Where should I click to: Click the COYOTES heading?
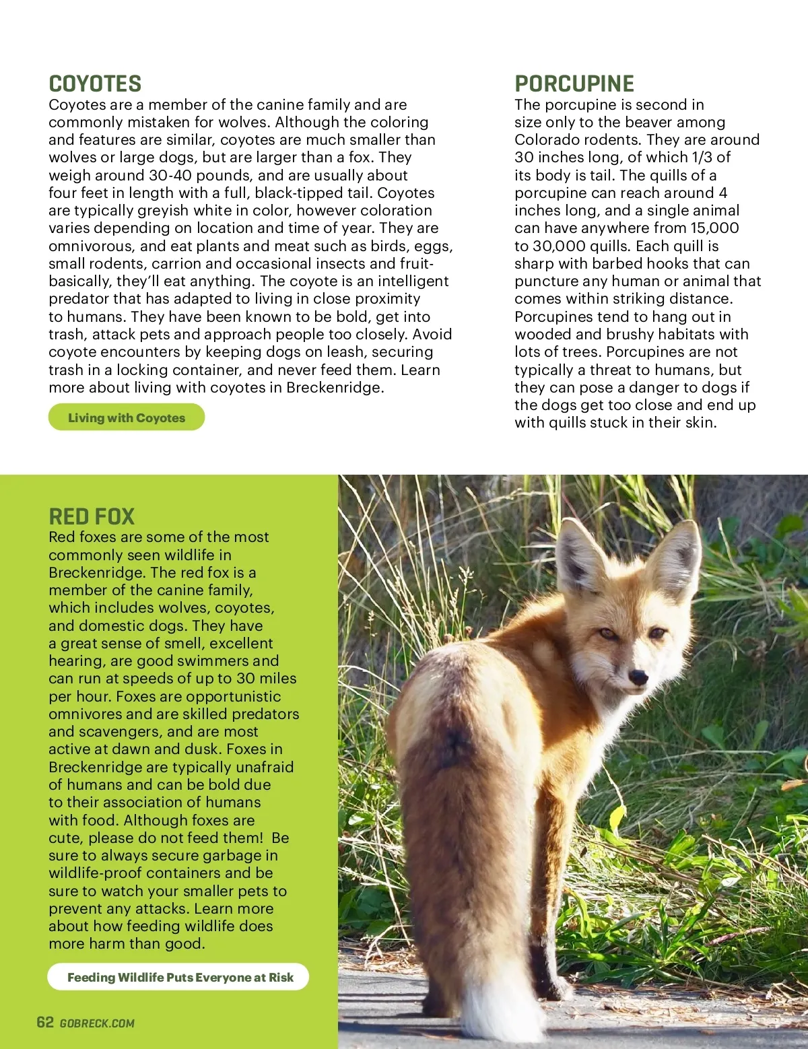pyautogui.click(x=95, y=84)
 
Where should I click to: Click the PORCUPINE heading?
pyautogui.click(x=574, y=84)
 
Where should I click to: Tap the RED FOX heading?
pyautogui.click(x=92, y=516)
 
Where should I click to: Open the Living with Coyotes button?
pyautogui.click(x=127, y=417)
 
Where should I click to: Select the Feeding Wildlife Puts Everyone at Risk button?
pyautogui.click(x=179, y=977)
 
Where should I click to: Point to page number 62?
pyautogui.click(x=45, y=1022)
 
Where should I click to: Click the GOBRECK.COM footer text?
pyautogui.click(x=97, y=1023)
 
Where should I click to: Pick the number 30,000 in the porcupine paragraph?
pyautogui.click(x=558, y=246)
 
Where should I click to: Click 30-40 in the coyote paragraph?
pyautogui.click(x=172, y=175)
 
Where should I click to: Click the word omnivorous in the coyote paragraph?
pyautogui.click(x=92, y=246)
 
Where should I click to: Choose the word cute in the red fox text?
pyautogui.click(x=65, y=838)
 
